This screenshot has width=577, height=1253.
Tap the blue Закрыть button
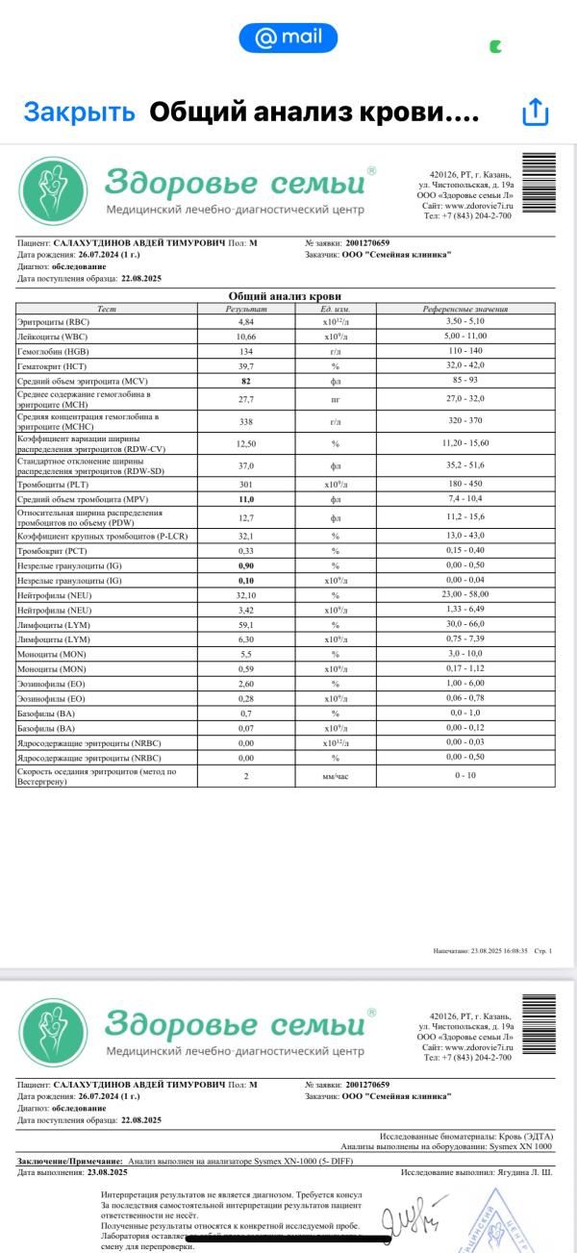(x=79, y=113)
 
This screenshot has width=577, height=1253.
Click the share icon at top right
(x=534, y=113)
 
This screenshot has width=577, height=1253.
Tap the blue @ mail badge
(x=288, y=38)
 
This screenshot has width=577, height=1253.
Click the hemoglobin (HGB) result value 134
(x=245, y=352)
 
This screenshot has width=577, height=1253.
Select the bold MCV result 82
(x=245, y=382)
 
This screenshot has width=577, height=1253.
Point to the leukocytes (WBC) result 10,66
(x=245, y=337)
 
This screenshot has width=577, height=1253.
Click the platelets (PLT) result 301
(x=245, y=484)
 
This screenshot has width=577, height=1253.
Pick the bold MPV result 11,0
(x=245, y=499)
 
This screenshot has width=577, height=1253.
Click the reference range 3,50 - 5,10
(x=466, y=322)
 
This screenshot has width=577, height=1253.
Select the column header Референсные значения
(x=466, y=309)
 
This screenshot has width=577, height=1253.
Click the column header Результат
(x=245, y=309)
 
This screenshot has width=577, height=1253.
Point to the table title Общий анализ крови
(x=286, y=296)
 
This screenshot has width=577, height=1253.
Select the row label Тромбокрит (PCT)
(x=52, y=550)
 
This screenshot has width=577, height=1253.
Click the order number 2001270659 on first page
(x=367, y=243)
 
